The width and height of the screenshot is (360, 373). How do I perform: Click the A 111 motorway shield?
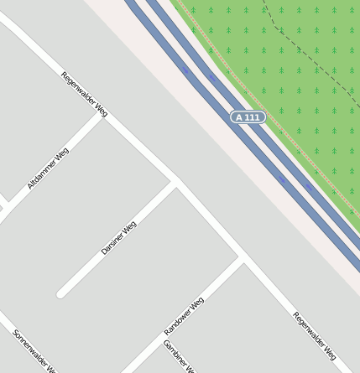248,117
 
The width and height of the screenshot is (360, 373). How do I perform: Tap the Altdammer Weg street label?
48,168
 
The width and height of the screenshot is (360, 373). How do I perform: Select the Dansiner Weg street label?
118,238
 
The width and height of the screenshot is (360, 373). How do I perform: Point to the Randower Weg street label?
184,317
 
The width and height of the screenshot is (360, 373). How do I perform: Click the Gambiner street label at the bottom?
179,357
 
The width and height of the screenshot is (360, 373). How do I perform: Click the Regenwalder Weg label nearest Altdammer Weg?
85,93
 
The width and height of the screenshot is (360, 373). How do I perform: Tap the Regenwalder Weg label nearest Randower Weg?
314,335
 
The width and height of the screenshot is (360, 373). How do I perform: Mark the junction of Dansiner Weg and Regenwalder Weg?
176,182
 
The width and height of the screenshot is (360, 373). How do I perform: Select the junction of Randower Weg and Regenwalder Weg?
243,256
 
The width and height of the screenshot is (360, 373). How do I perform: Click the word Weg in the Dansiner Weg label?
129,227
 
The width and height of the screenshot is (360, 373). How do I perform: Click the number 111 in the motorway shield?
252,117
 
